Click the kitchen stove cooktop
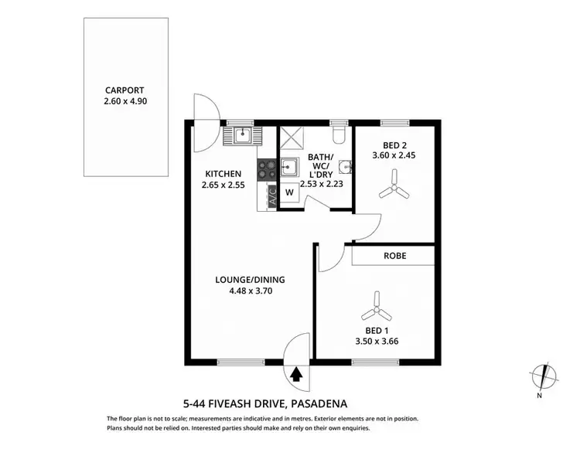coord(268,167)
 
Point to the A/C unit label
coord(271,196)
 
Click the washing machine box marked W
coord(288,192)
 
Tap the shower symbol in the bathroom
coord(293,138)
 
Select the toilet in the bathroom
coord(337,135)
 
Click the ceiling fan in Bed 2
coord(394,189)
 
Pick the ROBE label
coord(394,256)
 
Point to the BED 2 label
coord(395,145)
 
